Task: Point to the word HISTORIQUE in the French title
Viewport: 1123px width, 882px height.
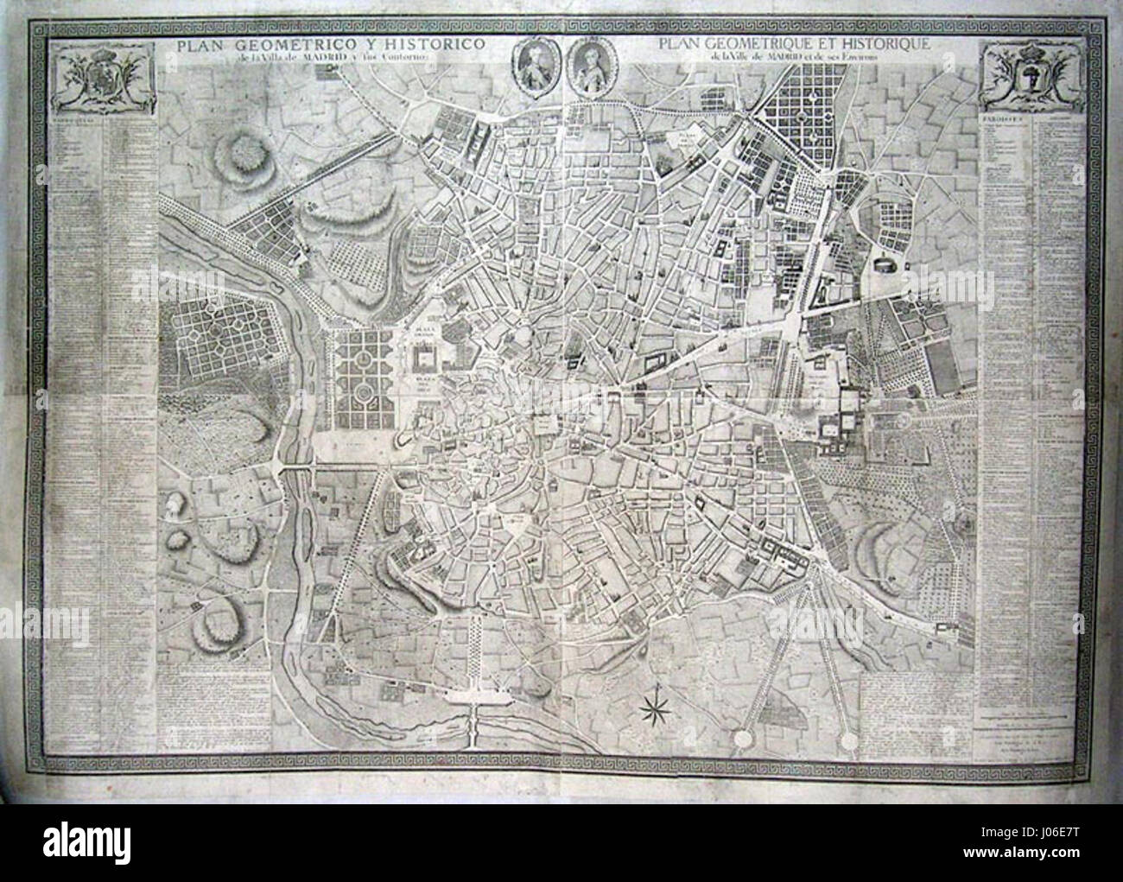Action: click(899, 44)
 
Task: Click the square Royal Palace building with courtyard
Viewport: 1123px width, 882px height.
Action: click(424, 359)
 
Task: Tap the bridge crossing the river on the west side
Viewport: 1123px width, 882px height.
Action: click(296, 467)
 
